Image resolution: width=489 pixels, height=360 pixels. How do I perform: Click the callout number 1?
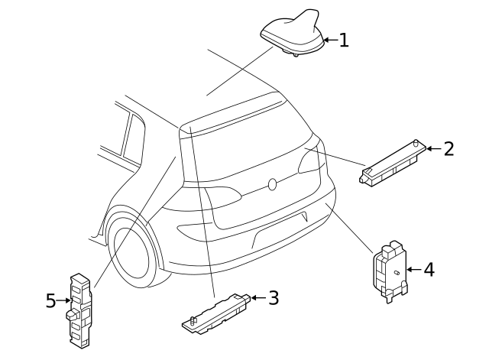coord(344,40)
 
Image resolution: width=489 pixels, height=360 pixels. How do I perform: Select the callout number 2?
coord(449,148)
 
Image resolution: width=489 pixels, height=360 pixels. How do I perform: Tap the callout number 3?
coord(273,297)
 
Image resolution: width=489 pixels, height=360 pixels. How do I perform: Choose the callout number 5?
coord(50,301)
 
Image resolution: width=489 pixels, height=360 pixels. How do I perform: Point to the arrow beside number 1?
coord(329,40)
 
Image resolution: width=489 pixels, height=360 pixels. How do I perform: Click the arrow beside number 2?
coord(433,148)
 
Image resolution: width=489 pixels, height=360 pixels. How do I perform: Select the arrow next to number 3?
coord(257,297)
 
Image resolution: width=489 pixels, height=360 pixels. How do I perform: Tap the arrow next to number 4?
coord(413,269)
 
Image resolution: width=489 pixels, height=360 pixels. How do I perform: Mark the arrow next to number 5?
coord(63,301)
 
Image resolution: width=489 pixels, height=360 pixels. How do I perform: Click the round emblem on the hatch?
coord(271,184)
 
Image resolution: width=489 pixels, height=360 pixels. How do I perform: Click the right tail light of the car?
coord(310,160)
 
